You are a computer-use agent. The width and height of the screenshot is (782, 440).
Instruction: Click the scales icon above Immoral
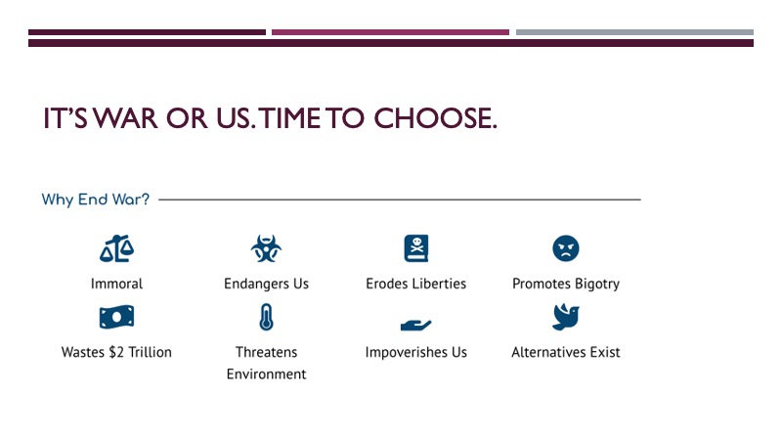116,248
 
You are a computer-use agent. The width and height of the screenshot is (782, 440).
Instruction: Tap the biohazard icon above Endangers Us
266,248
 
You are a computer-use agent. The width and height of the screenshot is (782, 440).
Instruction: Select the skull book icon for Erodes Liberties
416,248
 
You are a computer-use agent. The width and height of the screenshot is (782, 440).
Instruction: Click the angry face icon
566,248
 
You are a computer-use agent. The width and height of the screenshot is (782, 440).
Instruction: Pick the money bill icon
116,317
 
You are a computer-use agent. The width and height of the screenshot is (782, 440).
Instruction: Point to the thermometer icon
266,317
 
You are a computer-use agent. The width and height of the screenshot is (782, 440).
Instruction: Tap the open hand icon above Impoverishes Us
416,325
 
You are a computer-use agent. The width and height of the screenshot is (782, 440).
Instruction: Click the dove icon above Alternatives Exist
566,317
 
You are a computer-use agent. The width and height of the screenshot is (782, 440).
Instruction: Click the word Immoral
116,284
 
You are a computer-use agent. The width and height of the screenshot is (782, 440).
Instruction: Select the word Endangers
256,285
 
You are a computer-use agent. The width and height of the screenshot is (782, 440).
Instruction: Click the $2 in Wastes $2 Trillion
116,352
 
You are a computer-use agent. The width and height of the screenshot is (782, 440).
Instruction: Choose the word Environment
266,374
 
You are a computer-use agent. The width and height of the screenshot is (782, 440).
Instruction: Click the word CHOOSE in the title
435,118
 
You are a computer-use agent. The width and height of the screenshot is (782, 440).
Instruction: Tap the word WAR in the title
126,118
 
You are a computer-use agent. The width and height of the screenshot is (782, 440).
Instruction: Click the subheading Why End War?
95,199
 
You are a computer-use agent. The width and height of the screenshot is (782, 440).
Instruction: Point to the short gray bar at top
634,32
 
